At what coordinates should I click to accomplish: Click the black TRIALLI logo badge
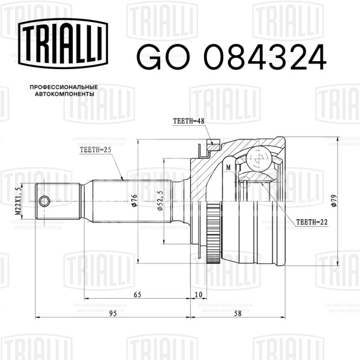point(63,43)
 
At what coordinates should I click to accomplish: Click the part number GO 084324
point(231,57)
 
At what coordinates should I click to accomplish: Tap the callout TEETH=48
point(188,121)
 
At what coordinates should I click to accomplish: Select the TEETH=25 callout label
point(95,150)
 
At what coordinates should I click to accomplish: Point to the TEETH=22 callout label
point(312,222)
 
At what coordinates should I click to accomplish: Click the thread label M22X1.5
point(18,201)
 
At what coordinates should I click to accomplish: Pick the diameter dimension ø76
point(134,200)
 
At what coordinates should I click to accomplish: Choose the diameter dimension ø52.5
point(160,200)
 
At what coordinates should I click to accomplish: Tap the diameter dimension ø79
point(334,200)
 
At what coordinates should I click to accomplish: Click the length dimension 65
point(138,295)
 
